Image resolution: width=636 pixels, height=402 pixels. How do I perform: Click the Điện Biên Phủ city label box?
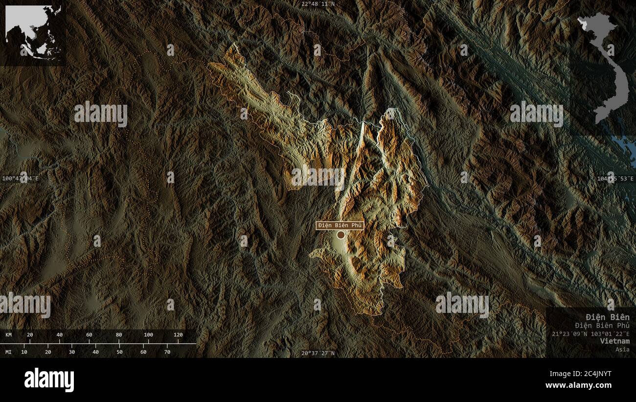point(340,225)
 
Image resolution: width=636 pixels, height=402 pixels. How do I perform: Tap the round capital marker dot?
point(341,235)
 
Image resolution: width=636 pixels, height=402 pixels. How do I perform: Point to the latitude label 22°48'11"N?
point(318,4)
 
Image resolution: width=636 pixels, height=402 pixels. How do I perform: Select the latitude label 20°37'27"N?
point(318,353)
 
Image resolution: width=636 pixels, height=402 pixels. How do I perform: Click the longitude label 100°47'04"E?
point(20,179)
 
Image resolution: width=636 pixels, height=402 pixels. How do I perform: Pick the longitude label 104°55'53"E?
point(615,179)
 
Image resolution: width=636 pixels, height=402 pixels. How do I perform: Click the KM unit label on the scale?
point(9,335)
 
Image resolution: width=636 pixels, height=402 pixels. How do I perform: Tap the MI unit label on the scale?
point(9,352)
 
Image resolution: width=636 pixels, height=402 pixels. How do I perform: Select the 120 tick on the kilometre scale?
point(178,335)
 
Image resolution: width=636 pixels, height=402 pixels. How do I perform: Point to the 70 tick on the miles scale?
point(167,352)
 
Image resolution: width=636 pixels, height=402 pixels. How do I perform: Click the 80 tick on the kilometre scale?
point(119,335)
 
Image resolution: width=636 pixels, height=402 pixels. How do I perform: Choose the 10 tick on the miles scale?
point(24,352)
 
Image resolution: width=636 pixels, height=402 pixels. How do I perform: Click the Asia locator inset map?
point(33,32)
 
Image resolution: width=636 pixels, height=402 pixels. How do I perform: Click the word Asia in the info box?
point(622,349)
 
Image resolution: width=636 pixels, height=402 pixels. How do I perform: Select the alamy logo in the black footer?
point(49,380)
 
